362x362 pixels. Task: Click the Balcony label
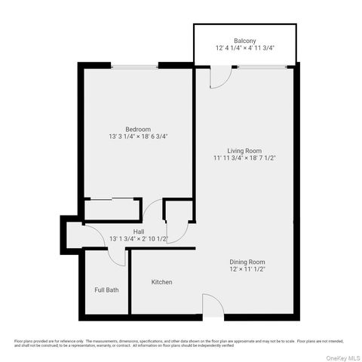[244, 41]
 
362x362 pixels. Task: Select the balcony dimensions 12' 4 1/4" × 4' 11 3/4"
[244, 49]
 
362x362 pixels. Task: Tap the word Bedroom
[138, 129]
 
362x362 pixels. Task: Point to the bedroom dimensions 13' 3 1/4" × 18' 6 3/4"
[138, 137]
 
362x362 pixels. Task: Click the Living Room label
[244, 150]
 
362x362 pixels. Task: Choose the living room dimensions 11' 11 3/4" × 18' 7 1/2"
[244, 158]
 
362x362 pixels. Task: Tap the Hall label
[138, 231]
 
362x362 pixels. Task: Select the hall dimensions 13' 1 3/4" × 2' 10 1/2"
[138, 239]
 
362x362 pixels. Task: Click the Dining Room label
[248, 262]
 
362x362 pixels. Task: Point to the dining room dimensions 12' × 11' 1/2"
[248, 270]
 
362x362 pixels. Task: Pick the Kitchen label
[162, 282]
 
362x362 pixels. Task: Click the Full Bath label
[106, 290]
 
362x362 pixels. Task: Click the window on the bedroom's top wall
[135, 67]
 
